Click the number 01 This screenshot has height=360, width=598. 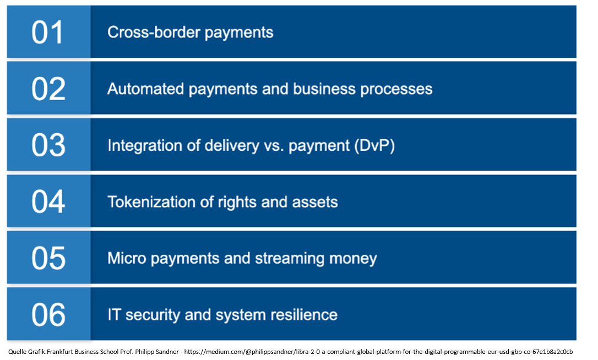coord(47,32)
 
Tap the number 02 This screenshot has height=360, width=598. coord(48,89)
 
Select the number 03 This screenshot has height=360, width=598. coord(48,145)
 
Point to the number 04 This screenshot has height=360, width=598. coord(48,201)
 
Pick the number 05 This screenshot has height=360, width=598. coord(48,258)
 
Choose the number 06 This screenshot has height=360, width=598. coord(48,314)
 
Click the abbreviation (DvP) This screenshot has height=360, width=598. coord(374,146)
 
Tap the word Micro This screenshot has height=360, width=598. coord(127,258)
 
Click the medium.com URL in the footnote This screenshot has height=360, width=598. coord(379,352)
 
